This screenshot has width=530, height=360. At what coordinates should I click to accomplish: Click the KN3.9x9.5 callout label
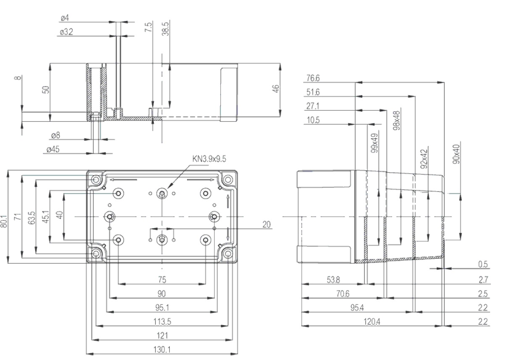pyautogui.click(x=210, y=158)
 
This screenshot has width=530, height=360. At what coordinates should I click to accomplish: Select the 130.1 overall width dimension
pyautogui.click(x=162, y=349)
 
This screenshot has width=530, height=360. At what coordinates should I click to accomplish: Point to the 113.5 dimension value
pyautogui.click(x=162, y=321)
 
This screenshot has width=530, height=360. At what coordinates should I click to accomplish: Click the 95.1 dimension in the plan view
pyautogui.click(x=162, y=307)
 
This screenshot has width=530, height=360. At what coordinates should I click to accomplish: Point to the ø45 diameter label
pyautogui.click(x=53, y=149)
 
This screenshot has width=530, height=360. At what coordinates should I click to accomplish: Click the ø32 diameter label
pyautogui.click(x=66, y=32)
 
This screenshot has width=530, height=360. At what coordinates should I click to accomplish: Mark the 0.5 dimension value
pyautogui.click(x=483, y=264)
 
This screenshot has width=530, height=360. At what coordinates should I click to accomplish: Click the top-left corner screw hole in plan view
pyautogui.click(x=96, y=180)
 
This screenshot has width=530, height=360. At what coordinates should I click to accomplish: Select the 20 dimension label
pyautogui.click(x=266, y=224)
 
